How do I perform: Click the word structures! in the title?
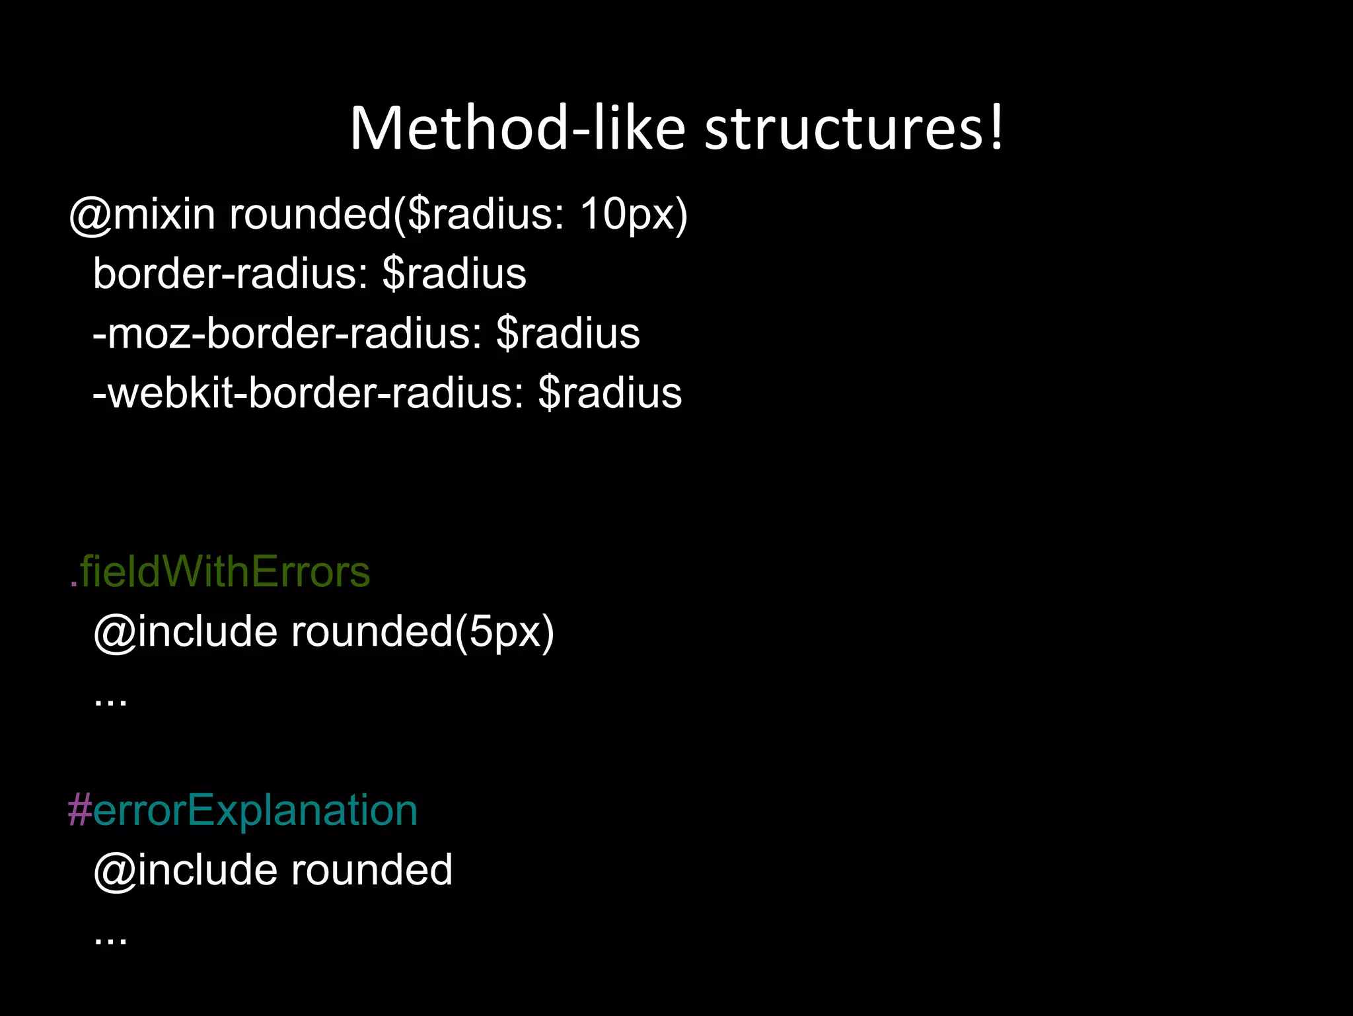tap(854, 128)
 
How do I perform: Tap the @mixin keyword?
tap(142, 215)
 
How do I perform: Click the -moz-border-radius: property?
tap(287, 333)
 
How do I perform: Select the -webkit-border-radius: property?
tap(309, 393)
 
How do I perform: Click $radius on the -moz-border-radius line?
tap(567, 333)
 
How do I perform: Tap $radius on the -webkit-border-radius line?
tap(610, 393)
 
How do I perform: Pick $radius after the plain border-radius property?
tap(454, 274)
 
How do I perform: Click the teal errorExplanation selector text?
tap(255, 810)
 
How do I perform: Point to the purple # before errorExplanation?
tap(79, 810)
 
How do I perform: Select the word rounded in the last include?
tap(372, 870)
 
